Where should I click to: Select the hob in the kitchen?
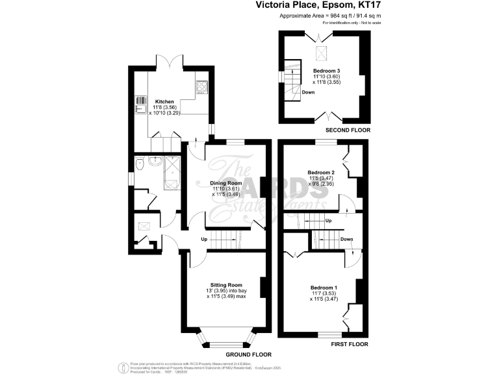coord(202,86)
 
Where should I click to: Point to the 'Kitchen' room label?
coord(164,102)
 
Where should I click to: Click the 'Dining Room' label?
coord(225,182)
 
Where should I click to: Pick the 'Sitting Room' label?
coord(227,284)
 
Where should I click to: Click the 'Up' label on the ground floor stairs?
coord(203,239)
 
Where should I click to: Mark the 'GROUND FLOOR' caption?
coord(248,355)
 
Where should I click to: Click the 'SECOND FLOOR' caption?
coord(348,130)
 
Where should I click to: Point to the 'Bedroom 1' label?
coord(324,287)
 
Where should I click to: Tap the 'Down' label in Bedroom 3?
coord(308,93)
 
